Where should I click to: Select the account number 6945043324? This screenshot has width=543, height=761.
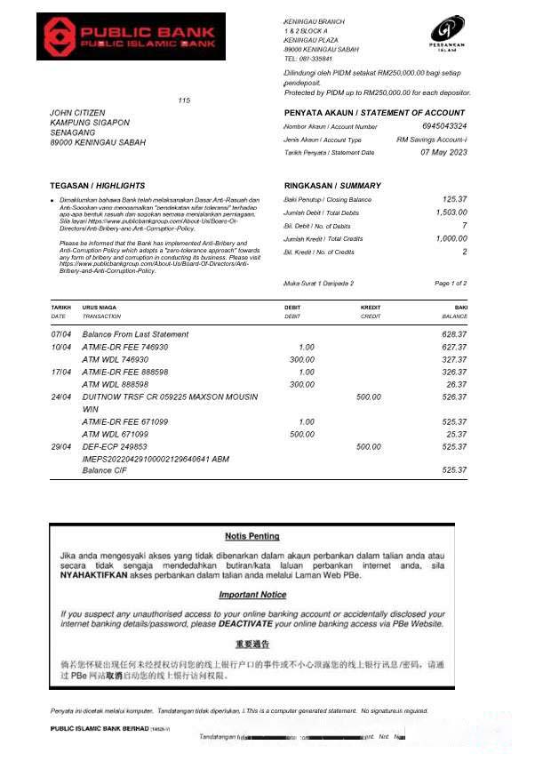coord(443,126)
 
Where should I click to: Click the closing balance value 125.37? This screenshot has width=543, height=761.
coord(454,199)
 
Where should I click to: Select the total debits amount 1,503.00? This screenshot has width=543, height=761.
coord(451,212)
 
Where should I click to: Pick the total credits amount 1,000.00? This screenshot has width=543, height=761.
coord(451,238)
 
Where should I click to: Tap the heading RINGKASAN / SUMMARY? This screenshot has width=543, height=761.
coord(331,186)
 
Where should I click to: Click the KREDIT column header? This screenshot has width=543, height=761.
coord(371,308)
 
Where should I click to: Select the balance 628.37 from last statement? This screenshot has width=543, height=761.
coord(454,334)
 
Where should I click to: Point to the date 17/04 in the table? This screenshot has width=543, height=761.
coord(60,372)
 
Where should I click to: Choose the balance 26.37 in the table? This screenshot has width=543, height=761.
coord(456,384)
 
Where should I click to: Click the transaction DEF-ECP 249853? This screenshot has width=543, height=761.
coord(115,446)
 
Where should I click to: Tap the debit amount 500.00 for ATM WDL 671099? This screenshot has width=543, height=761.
coord(301,434)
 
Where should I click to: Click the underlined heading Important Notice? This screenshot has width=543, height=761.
coord(252,595)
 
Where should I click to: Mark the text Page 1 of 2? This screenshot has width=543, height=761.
coord(451,283)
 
